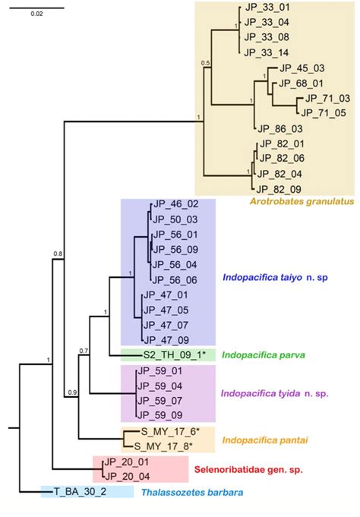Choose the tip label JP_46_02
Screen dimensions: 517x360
[175, 204]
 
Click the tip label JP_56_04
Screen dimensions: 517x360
[175, 264]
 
